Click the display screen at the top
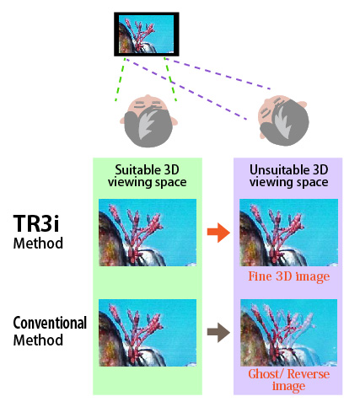click(147, 34)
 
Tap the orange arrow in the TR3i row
click(218, 232)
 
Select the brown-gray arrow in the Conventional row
click(218, 332)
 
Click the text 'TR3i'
click(36, 223)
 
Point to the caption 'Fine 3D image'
click(289, 276)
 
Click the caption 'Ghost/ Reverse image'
click(289, 379)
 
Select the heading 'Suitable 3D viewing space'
click(148, 176)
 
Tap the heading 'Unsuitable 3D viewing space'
click(289, 176)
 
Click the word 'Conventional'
click(50, 323)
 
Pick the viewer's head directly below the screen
click(148, 121)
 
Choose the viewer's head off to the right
click(283, 120)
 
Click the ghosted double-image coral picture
click(288, 333)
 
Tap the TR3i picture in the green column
click(148, 233)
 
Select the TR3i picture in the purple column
click(288, 233)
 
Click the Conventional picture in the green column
click(148, 333)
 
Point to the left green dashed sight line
click(120, 79)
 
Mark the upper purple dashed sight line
click(218, 73)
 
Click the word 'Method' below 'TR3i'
click(38, 244)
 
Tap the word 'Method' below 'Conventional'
click(38, 340)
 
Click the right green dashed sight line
click(170, 79)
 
